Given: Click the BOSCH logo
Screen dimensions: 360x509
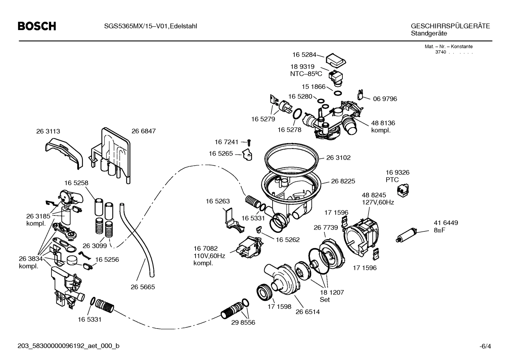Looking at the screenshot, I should [37, 26].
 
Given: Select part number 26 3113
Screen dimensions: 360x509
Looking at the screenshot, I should [48, 131].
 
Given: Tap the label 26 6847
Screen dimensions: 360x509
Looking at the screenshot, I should [144, 131].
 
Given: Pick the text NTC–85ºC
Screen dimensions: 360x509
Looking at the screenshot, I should [306, 74].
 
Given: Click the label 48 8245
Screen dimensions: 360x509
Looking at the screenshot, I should [374, 195].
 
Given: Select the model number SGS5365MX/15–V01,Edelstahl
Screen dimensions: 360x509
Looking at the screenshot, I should [150, 26].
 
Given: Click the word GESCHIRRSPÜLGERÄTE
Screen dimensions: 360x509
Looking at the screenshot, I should [450, 26].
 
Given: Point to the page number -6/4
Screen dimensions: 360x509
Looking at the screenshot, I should [485, 346].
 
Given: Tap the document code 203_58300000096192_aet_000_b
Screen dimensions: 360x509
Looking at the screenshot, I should [68, 346].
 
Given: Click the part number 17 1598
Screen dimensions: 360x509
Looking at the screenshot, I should [280, 307].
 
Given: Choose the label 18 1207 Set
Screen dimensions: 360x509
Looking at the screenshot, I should [327, 296].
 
